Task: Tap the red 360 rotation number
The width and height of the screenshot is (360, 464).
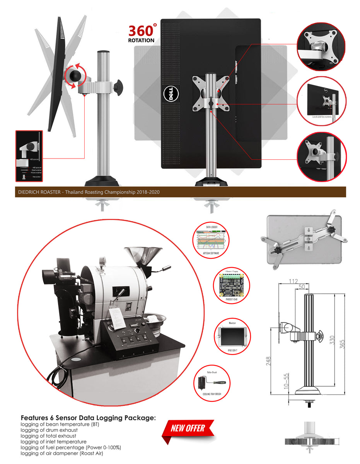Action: [141, 31]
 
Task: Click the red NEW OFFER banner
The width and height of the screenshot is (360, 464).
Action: [188, 428]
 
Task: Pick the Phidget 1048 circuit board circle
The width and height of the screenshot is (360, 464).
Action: [232, 285]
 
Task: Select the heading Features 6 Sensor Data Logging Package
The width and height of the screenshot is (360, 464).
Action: [88, 418]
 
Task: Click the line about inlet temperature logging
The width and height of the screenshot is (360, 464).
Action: [53, 441]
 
